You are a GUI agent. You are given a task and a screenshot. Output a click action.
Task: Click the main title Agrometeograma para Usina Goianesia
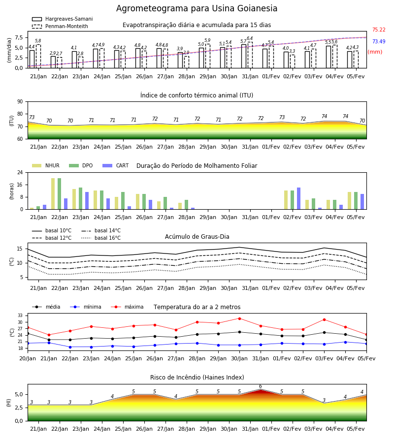coord(197,8)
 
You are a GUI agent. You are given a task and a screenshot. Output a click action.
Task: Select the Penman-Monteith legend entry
coord(60,26)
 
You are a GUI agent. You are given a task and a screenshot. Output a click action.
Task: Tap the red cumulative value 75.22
coord(379,30)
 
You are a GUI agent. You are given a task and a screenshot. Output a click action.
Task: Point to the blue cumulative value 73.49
coord(379,41)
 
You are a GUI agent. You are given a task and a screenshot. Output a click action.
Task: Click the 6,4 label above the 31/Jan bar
coord(250,38)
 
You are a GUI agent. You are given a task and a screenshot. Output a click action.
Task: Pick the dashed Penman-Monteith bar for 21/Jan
coord(38,56)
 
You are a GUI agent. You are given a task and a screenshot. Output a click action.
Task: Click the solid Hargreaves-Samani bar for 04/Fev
coord(328,57)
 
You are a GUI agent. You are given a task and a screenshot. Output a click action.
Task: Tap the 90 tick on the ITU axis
coord(20,102)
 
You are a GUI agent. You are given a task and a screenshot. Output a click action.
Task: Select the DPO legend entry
coord(81,165)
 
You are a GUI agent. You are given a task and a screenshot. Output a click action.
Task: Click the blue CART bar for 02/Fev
coord(299,198)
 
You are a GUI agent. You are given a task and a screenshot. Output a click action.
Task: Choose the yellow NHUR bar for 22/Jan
coord(53,194)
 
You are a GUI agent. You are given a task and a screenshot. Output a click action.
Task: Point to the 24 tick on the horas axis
coord(20,172)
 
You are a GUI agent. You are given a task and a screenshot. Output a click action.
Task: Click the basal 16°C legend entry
coord(101,238)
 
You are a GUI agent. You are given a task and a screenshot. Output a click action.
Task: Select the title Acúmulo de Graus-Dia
coord(197,237)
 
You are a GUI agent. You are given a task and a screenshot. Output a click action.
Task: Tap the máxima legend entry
coord(127,307)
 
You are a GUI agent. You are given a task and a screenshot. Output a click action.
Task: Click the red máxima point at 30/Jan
coord(240,318)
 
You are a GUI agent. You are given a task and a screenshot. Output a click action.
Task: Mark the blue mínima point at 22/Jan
coord(70,347)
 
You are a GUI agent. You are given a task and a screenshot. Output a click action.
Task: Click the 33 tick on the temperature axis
coord(20,316)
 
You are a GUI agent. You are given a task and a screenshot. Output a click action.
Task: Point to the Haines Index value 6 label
coord(261,386)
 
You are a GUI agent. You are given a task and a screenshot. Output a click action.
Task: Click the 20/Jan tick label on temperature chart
coord(28,358)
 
